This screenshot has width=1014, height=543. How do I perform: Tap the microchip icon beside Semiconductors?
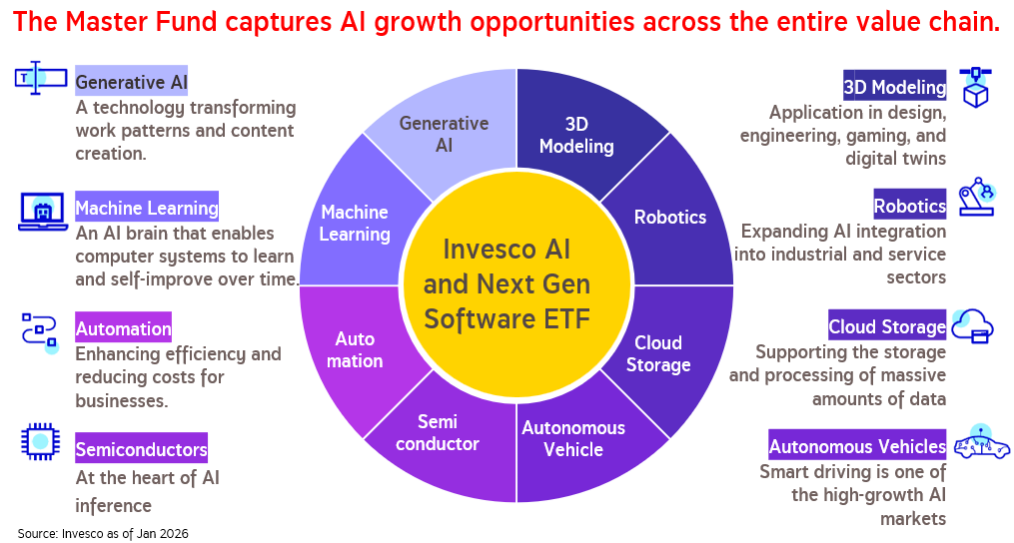[41, 441]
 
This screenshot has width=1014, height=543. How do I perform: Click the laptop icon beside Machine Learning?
[43, 212]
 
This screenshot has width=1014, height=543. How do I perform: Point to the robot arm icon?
[976, 196]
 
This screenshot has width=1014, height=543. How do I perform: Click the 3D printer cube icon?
[975, 87]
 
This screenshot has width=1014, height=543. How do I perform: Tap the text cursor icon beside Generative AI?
[40, 78]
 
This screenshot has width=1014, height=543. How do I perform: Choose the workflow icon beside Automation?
[40, 333]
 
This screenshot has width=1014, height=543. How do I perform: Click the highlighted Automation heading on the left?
[124, 328]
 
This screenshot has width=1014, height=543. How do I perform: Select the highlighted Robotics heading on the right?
[910, 206]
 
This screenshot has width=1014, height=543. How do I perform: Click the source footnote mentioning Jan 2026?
[103, 533]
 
